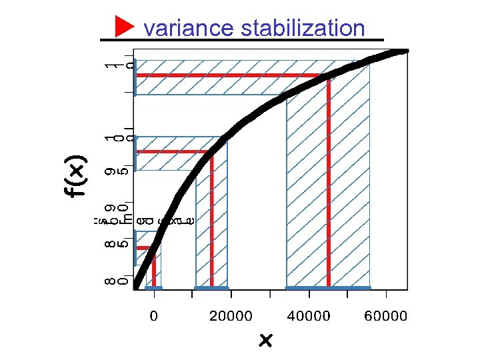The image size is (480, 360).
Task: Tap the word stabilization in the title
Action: pos(303,28)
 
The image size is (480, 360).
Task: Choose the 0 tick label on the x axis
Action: pos(154,315)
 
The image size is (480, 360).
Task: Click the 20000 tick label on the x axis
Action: pos(231,315)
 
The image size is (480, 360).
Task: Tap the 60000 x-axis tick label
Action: pos(385,315)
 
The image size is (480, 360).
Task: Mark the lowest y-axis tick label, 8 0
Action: pos(115,274)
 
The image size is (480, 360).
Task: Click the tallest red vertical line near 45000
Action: pos(329,180)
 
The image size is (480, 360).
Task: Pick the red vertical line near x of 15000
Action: pos(211,220)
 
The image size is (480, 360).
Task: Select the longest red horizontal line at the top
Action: pos(230,75)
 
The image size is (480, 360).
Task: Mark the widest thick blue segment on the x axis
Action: pos(328,288)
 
